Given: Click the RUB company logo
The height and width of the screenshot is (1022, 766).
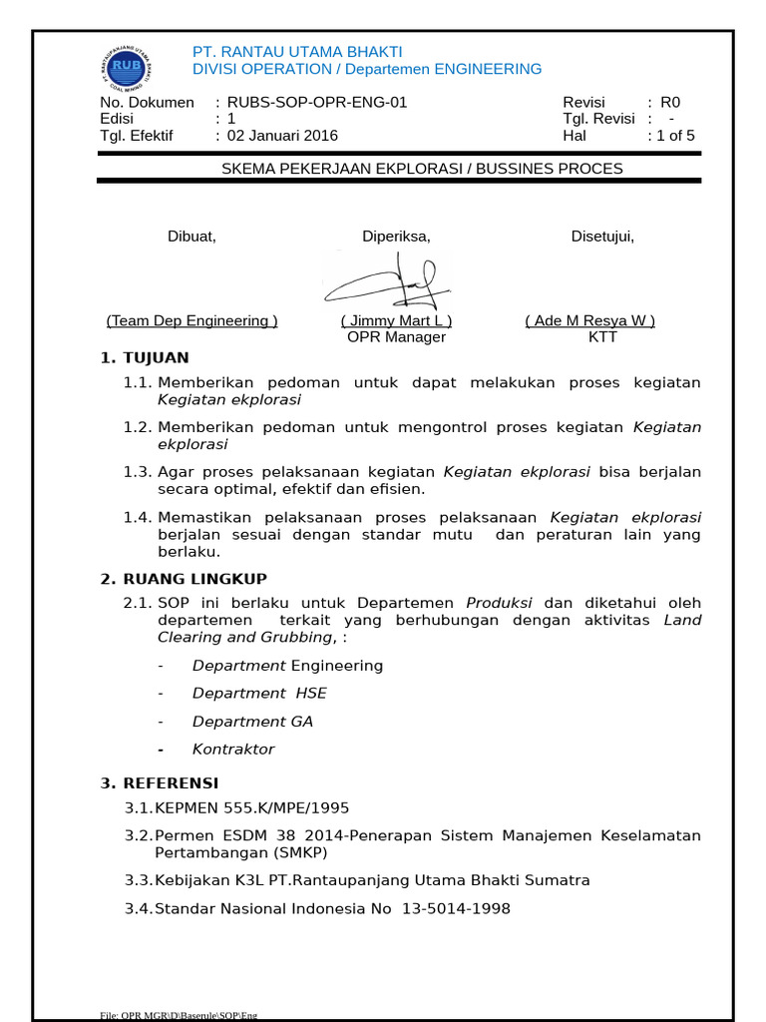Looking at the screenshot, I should pyautogui.click(x=125, y=67).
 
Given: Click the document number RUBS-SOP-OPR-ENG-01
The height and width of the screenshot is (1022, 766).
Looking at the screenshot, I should pyautogui.click(x=317, y=102).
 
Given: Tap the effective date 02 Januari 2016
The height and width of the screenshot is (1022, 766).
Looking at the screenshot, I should pyautogui.click(x=283, y=135).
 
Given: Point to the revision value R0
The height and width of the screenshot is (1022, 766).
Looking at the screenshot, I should pyautogui.click(x=670, y=102).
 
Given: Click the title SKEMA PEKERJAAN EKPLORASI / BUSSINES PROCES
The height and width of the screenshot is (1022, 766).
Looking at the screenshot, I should pyautogui.click(x=422, y=168).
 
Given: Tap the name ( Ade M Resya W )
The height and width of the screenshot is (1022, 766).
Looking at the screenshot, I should pyautogui.click(x=590, y=320).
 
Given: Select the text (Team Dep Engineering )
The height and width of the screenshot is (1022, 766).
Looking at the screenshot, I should pyautogui.click(x=192, y=320).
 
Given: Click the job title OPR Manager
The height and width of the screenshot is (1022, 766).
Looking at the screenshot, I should pyautogui.click(x=396, y=336).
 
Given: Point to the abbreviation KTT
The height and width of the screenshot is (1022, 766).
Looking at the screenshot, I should pyautogui.click(x=603, y=336).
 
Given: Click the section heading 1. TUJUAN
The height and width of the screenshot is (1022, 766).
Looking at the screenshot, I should pyautogui.click(x=145, y=357).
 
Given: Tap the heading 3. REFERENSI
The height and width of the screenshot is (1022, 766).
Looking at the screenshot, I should pyautogui.click(x=160, y=782).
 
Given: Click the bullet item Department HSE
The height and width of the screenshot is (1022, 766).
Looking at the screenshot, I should pyautogui.click(x=259, y=693).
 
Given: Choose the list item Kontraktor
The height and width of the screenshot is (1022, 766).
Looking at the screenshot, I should pyautogui.click(x=233, y=749).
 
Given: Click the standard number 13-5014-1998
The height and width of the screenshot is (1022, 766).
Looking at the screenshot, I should pyautogui.click(x=456, y=908).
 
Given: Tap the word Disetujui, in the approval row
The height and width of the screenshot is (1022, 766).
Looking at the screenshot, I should pyautogui.click(x=602, y=236).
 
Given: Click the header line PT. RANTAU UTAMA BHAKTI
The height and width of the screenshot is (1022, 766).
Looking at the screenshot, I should pyautogui.click(x=297, y=51).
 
